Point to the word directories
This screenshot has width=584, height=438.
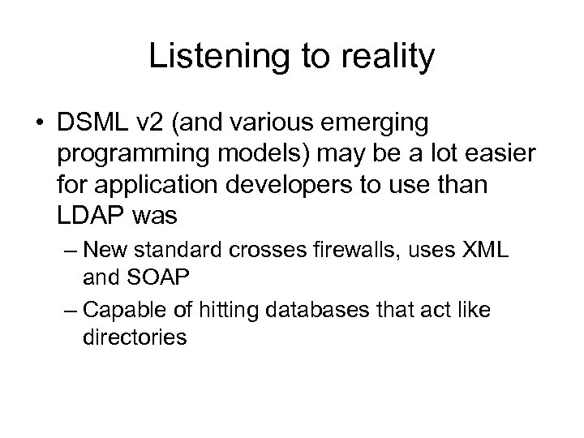click(x=135, y=336)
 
